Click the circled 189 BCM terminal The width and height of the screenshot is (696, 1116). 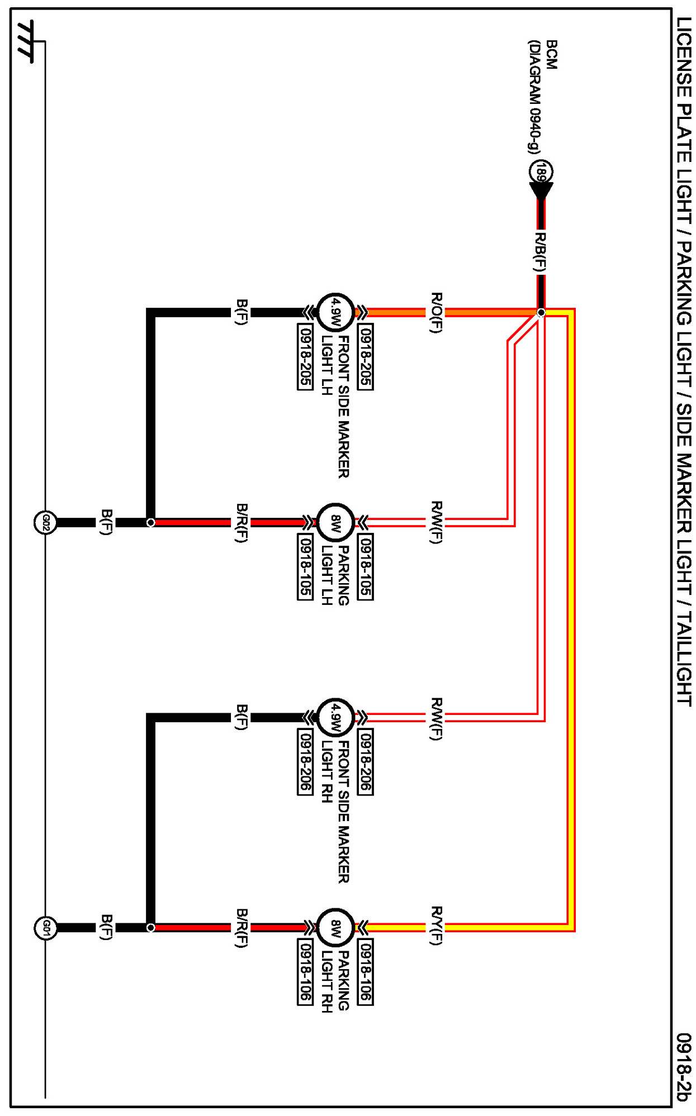point(541,171)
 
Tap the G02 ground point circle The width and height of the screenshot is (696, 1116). point(46,523)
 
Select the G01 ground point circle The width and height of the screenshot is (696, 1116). point(46,928)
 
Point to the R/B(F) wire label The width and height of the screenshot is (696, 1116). point(539,252)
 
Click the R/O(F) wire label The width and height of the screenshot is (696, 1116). point(437,312)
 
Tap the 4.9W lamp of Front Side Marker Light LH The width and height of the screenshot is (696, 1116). point(335,312)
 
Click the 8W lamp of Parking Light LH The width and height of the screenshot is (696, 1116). point(335,523)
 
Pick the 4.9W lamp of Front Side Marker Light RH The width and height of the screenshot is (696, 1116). point(335,717)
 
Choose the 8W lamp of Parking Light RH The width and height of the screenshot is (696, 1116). point(335,928)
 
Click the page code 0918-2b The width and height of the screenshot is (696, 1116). point(683,1067)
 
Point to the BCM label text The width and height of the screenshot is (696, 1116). point(552,54)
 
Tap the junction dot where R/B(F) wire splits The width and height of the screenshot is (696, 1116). point(541,312)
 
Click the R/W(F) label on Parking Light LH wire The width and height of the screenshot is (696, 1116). point(437,522)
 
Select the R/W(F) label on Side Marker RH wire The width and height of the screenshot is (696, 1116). point(437,718)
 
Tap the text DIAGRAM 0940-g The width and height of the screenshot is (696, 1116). point(535,96)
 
